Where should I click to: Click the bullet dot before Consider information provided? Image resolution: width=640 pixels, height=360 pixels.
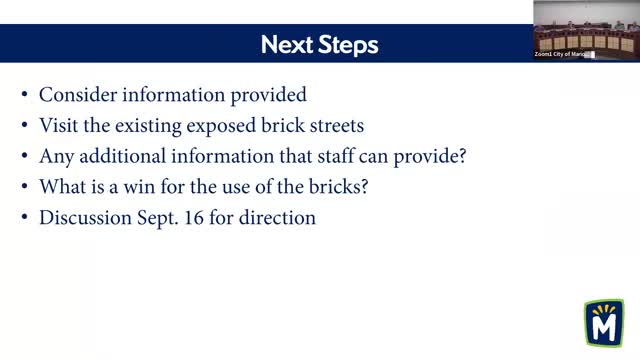25,96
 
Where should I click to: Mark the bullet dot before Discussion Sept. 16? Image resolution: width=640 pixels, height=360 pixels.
25,216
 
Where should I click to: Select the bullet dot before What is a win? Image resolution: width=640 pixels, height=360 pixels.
25,186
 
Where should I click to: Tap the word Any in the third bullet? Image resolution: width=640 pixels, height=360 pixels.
55,156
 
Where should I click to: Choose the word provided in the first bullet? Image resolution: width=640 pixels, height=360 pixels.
269,95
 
